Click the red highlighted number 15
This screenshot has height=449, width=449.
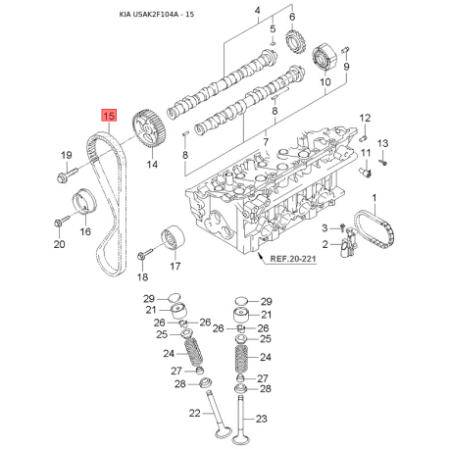click(x=109, y=116)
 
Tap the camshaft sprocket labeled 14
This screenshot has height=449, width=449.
click(x=149, y=130)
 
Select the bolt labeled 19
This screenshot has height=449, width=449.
click(x=67, y=175)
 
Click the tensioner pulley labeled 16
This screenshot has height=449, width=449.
click(x=83, y=201)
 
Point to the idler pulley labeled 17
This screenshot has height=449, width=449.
click(x=173, y=237)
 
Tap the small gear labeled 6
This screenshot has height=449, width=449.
click(x=296, y=42)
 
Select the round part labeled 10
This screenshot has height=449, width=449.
click(x=324, y=58)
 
